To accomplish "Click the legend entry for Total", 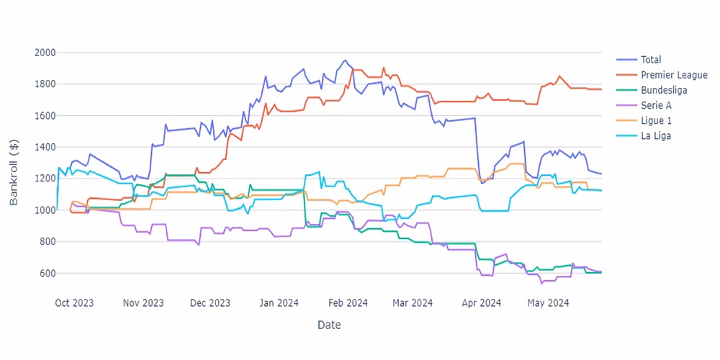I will coord(651,60).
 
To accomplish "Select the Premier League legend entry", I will coord(674,75).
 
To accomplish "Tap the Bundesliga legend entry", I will coord(664,90).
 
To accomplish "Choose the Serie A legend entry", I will coord(656,105).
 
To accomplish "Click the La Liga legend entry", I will coord(656,135).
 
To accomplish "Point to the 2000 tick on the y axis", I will coord(45,53).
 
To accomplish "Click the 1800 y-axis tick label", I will coord(45,84).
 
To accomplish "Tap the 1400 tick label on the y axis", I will coord(45,147).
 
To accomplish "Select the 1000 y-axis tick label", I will coord(45,210).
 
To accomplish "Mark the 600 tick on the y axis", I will coord(47,274).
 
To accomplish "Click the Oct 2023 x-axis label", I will coord(74,303).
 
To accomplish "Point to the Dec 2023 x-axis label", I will coord(210,303).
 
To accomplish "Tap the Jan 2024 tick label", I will coord(278,303).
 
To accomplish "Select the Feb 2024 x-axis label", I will coord(346,303).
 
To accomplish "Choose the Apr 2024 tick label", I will coord(480,303).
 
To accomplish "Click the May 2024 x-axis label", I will coord(548,303).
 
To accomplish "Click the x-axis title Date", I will coord(329,325).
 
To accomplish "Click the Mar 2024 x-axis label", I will coord(412,303).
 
